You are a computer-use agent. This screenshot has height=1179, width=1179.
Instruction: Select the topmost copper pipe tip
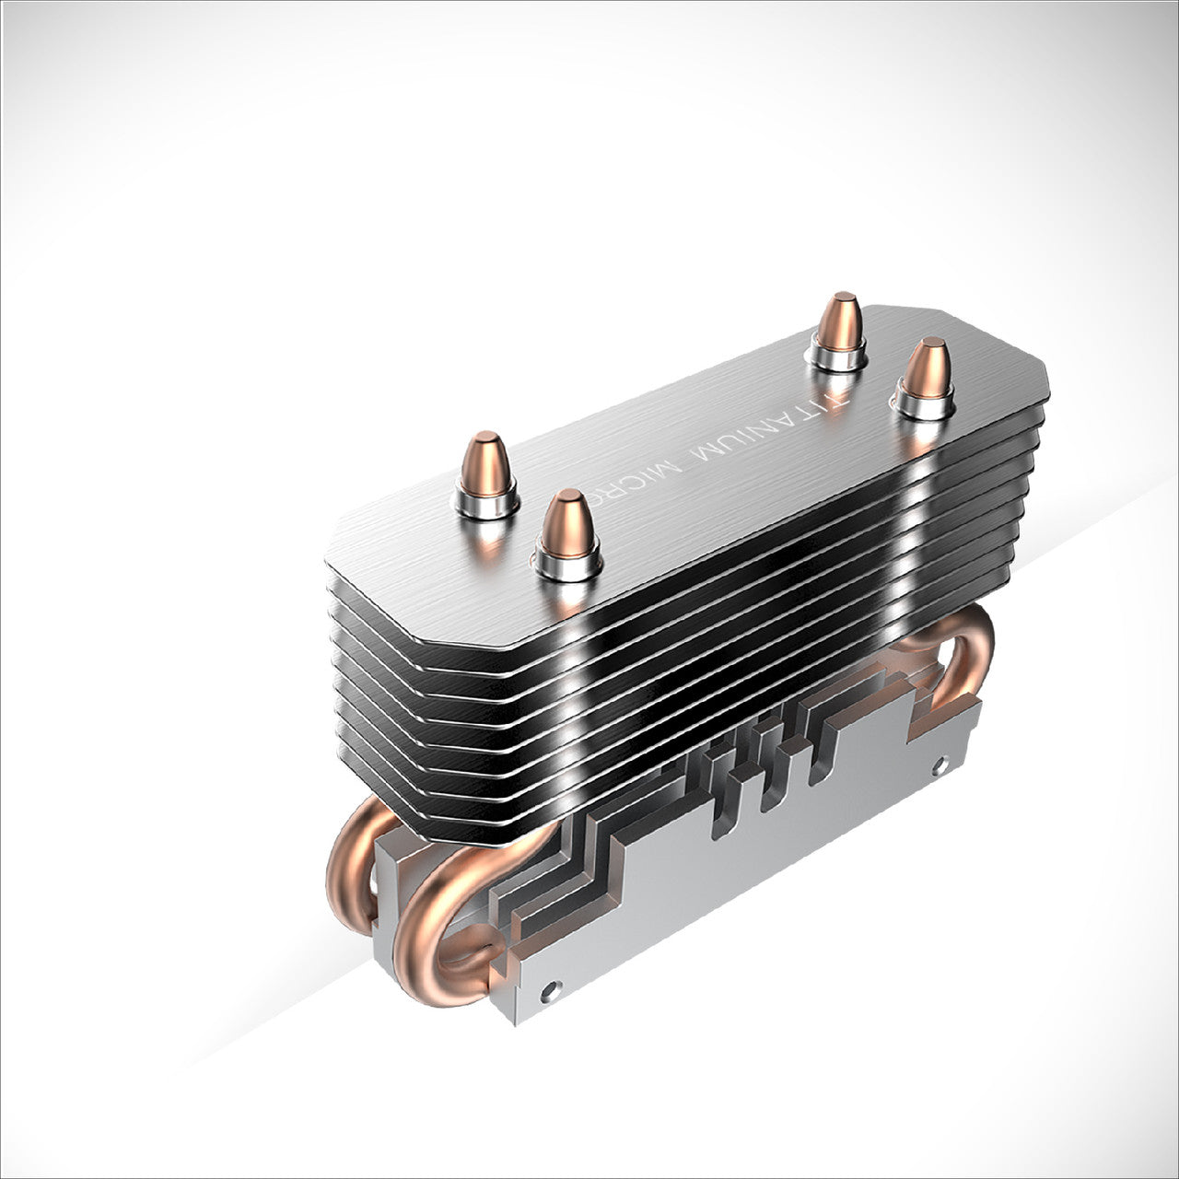tap(839, 321)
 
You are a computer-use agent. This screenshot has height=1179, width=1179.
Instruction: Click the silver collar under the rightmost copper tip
tap(922, 405)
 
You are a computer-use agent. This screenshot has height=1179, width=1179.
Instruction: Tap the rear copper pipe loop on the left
tap(355, 857)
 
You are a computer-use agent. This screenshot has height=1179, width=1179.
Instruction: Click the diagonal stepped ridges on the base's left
tap(571, 857)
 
